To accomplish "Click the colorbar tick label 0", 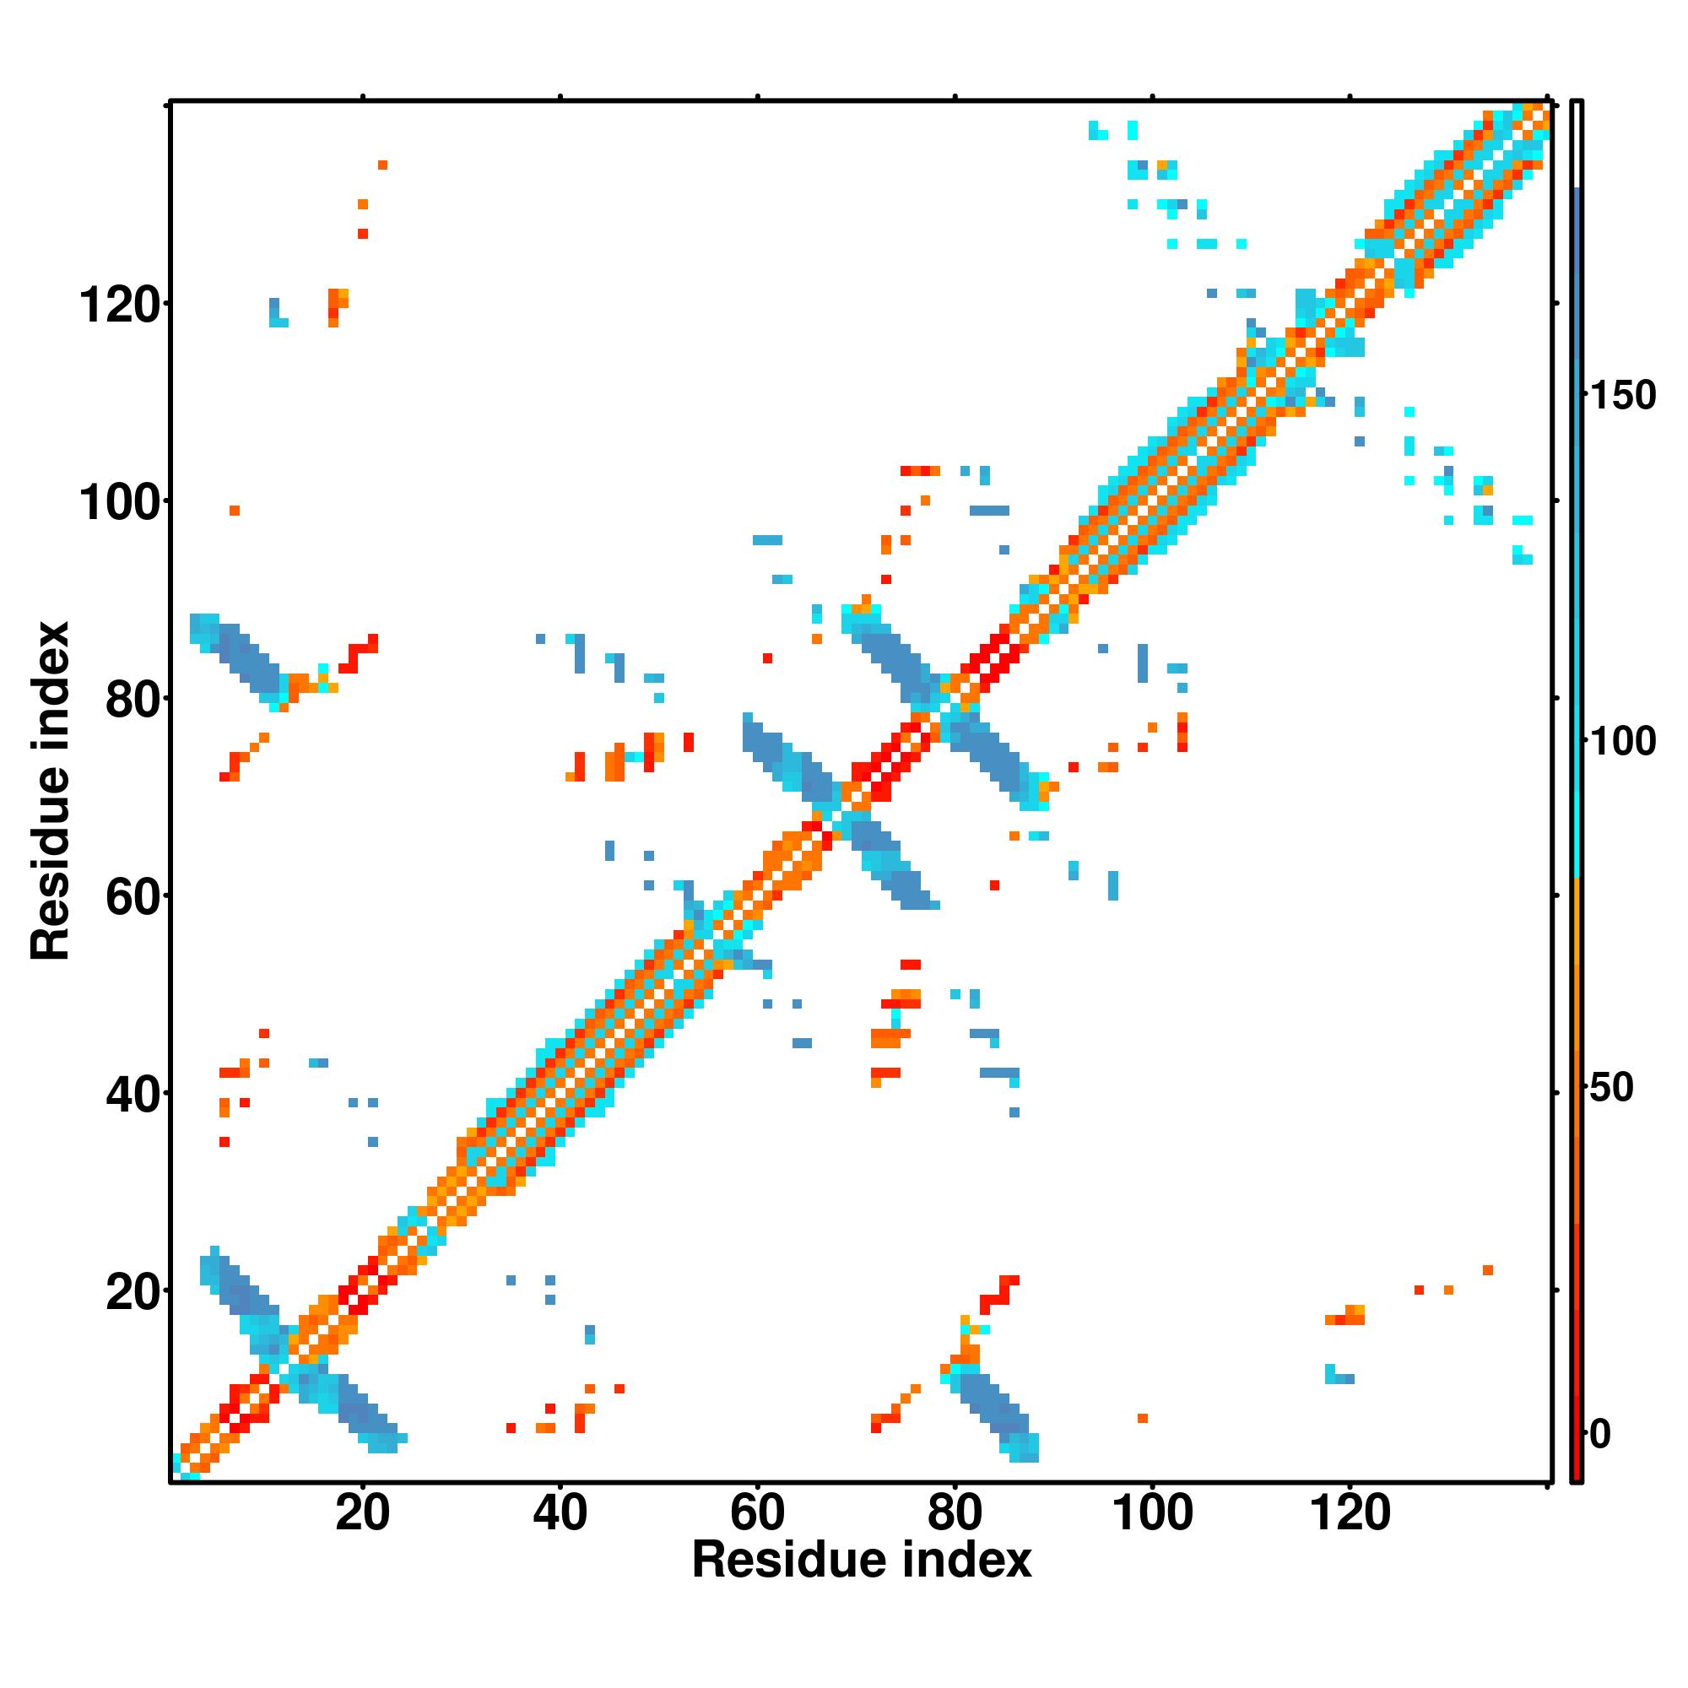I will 1599,1434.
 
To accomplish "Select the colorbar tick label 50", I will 1610,1088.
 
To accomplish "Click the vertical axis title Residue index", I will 50,790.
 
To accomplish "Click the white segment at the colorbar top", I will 1577,144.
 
